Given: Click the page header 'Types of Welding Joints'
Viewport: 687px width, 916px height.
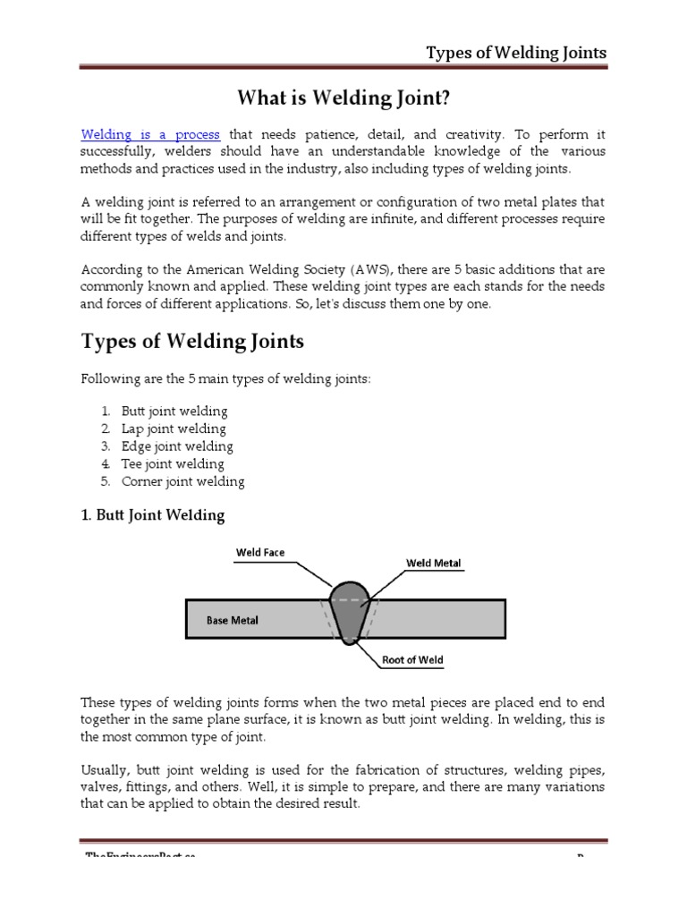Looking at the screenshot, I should click(515, 52).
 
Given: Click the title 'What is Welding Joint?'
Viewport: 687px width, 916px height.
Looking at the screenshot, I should click(343, 97).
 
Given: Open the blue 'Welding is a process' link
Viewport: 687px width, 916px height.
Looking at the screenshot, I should click(150, 134).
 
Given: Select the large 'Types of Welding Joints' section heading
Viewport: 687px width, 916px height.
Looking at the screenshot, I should click(192, 341).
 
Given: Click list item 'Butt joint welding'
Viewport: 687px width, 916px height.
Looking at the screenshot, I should click(174, 411).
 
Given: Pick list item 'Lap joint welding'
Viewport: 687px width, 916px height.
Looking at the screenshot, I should click(174, 428).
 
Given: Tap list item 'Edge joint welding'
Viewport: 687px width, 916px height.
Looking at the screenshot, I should click(177, 446).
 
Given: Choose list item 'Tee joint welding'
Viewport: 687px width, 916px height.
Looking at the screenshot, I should click(173, 463).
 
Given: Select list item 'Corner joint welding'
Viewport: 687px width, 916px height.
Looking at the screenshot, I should click(182, 481).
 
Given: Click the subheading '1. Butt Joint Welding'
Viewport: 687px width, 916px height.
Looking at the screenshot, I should click(153, 515).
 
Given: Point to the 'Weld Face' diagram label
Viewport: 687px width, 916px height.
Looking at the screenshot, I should click(260, 552).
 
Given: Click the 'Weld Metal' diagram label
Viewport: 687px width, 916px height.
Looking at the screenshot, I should click(434, 563).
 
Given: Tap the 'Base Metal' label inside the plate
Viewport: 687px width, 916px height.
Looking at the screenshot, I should click(233, 619).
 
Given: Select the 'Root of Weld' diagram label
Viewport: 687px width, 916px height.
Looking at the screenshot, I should click(412, 660).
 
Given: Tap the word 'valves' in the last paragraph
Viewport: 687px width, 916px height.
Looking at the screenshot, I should click(101, 786).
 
